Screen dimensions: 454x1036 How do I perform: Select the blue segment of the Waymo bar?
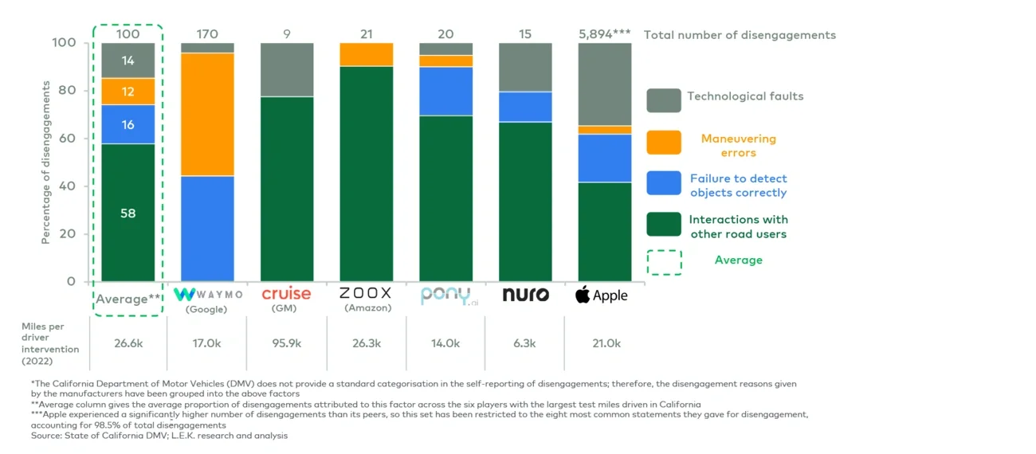(x=207, y=228)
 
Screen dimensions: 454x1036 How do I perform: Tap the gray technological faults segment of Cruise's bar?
(x=287, y=69)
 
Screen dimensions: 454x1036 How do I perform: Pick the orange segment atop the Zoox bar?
(x=367, y=54)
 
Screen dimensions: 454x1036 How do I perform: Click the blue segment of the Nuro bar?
(x=525, y=107)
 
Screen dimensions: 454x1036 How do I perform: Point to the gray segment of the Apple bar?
(x=605, y=84)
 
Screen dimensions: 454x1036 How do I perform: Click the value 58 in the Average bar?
(x=128, y=213)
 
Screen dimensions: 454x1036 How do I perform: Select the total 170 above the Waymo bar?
(x=207, y=34)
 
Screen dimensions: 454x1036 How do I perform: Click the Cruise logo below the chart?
(x=287, y=294)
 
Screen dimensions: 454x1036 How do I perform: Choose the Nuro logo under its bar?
(x=525, y=295)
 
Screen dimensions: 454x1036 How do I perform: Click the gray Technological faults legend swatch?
(x=663, y=100)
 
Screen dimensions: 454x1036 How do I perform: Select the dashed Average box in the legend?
(x=663, y=263)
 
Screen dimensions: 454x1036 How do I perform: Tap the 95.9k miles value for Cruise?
(x=287, y=343)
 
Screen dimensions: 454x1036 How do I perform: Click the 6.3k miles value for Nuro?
(x=525, y=343)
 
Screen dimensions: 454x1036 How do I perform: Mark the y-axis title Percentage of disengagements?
(x=46, y=162)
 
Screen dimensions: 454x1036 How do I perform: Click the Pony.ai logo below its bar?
(x=446, y=295)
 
